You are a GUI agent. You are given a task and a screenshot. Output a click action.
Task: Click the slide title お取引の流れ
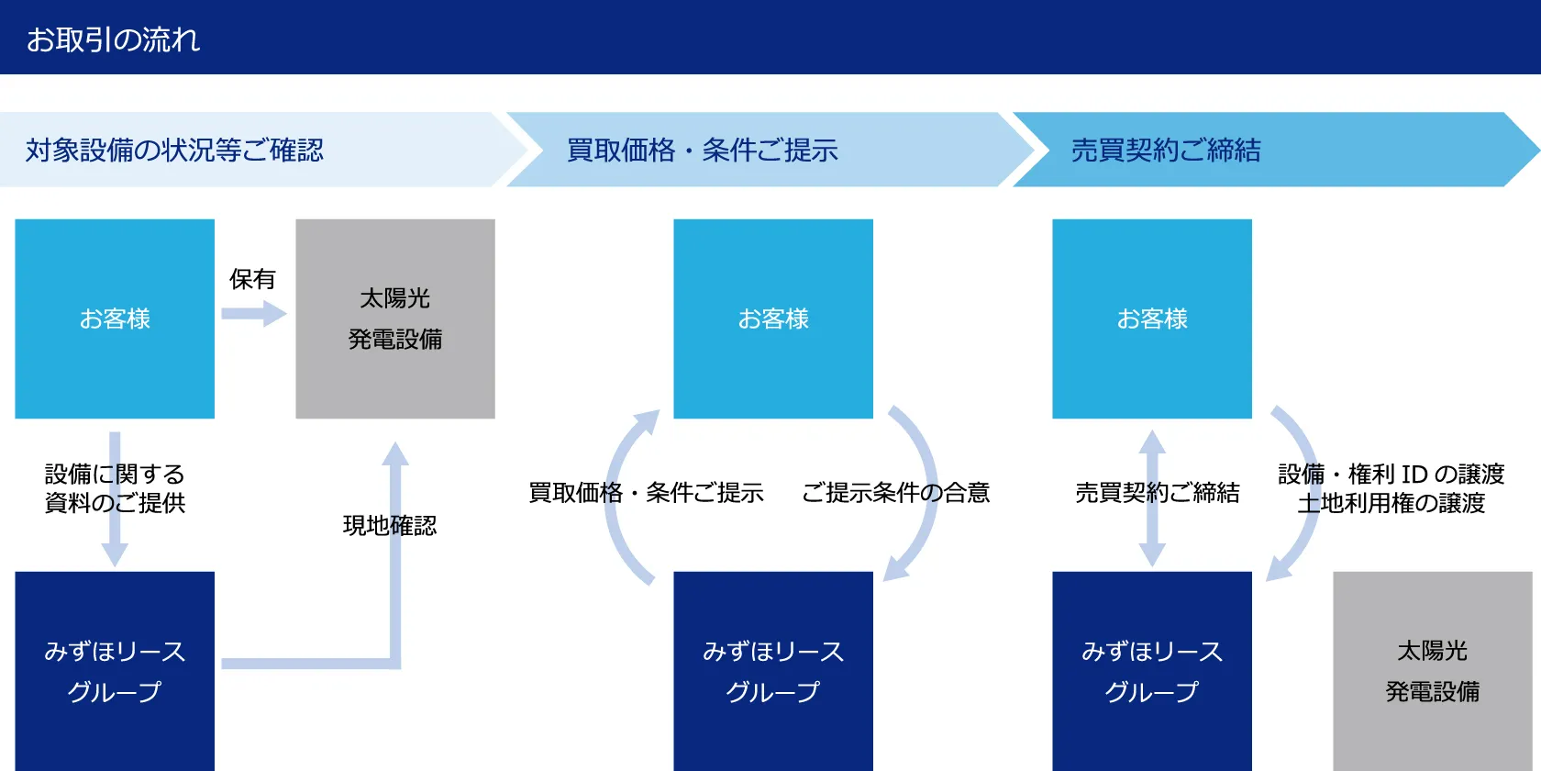coord(114,39)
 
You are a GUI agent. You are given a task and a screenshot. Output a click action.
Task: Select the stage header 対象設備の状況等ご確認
coord(174,150)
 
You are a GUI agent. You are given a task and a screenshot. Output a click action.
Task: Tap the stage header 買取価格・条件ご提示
coord(702,150)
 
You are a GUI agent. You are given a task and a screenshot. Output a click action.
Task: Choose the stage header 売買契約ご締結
coord(1166,150)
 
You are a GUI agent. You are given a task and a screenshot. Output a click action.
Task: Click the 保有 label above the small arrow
coord(252,279)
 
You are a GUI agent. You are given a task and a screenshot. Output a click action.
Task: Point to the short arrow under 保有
coord(254,314)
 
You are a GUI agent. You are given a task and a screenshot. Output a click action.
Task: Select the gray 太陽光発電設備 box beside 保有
coord(395,318)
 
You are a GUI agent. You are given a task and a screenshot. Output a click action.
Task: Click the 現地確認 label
coord(390,525)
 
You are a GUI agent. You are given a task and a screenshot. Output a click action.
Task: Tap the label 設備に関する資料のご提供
coord(115,488)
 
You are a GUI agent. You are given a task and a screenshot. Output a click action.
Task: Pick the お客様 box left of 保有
coord(115,318)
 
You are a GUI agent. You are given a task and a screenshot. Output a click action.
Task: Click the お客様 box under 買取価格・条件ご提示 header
coord(773,318)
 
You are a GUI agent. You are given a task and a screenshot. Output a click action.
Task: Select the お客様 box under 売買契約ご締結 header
coord(1152,318)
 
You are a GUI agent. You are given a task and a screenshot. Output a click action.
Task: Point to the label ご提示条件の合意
coord(895,492)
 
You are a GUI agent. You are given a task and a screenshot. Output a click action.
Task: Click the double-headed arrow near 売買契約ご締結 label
coord(1152,498)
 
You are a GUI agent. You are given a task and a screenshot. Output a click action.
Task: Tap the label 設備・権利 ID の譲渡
coord(1391,474)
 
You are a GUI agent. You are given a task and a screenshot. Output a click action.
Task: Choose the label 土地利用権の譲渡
coord(1391,503)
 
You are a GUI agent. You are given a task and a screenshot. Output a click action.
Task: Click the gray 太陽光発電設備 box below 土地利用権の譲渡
coord(1433,671)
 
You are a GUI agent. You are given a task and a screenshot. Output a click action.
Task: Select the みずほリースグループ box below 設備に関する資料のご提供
coord(115,671)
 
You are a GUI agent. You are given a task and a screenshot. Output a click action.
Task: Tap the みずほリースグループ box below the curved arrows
coord(773,671)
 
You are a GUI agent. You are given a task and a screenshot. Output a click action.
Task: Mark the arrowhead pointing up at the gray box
coord(395,453)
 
